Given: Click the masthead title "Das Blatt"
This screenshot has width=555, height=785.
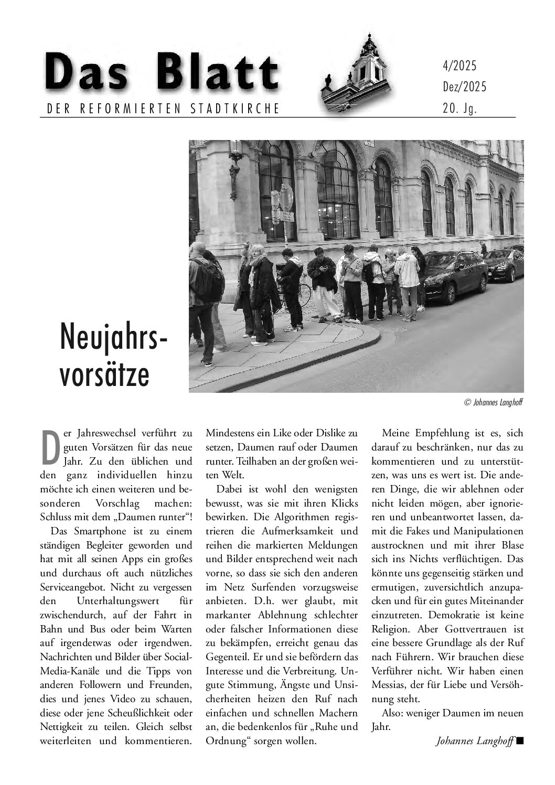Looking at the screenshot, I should tap(161, 74).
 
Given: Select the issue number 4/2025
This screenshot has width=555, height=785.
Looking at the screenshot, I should tap(460, 66).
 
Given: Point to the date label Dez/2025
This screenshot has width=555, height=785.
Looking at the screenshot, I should tap(464, 87).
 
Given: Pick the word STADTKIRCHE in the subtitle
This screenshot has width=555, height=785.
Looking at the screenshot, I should tap(237, 109).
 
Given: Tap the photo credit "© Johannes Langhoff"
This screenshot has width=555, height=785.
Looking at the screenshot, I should tap(494, 403).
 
